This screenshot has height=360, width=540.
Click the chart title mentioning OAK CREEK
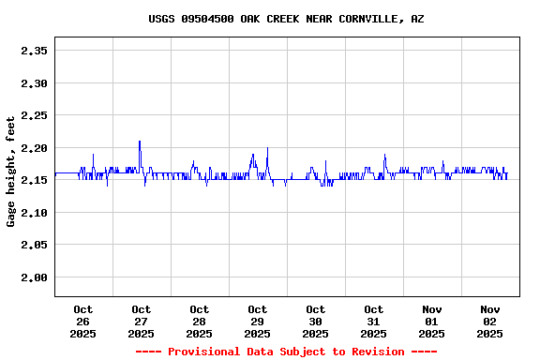click(286, 19)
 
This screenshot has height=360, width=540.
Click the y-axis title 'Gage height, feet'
click(11, 172)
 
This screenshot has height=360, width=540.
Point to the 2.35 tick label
click(34, 51)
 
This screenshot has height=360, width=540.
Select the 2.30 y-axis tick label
click(34, 83)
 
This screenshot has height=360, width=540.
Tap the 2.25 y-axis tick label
click(34, 115)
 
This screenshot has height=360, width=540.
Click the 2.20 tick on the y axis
click(34, 148)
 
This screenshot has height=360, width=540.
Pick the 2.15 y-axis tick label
click(34, 180)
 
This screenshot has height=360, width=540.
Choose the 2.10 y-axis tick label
click(34, 213)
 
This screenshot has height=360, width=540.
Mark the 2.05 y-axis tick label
click(34, 245)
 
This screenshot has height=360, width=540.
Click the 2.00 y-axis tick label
click(34, 277)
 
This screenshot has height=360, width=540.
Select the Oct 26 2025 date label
click(83, 322)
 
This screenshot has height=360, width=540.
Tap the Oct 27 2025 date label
click(142, 322)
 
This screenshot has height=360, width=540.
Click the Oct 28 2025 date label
click(200, 322)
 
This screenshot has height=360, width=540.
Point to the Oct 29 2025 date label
click(258, 322)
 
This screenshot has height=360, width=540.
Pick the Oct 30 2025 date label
click(316, 322)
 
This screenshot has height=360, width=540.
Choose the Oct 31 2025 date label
click(374, 322)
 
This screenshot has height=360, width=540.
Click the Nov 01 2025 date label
click(432, 322)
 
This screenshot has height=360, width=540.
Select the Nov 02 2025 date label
click(490, 322)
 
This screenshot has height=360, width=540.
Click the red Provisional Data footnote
click(286, 352)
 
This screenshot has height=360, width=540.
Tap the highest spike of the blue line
click(140, 142)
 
